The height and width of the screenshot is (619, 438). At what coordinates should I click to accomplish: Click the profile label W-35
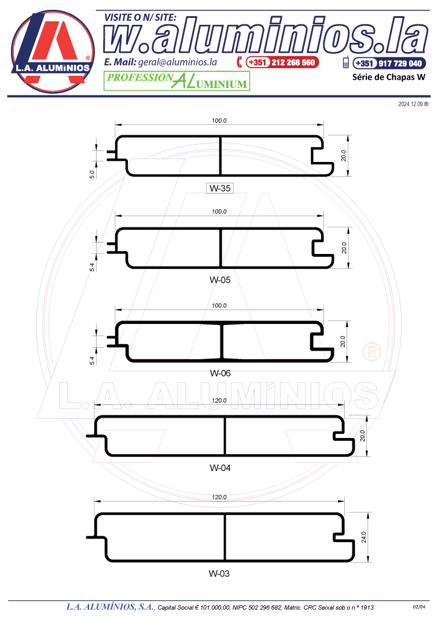(220, 189)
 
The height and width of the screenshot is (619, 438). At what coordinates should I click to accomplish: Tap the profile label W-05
(220, 280)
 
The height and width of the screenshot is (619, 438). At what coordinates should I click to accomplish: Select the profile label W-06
(220, 373)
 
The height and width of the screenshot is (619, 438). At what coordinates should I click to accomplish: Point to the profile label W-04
(220, 468)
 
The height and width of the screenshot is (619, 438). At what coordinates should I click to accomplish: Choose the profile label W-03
(219, 574)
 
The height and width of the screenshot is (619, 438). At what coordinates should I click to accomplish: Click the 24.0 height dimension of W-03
(364, 537)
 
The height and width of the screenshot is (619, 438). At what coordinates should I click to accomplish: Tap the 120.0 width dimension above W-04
(219, 400)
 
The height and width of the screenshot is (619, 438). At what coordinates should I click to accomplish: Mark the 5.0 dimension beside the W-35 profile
(92, 174)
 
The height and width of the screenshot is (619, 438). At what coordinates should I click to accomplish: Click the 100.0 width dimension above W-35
(219, 120)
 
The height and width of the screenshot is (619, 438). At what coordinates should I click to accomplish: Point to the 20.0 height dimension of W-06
(343, 341)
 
